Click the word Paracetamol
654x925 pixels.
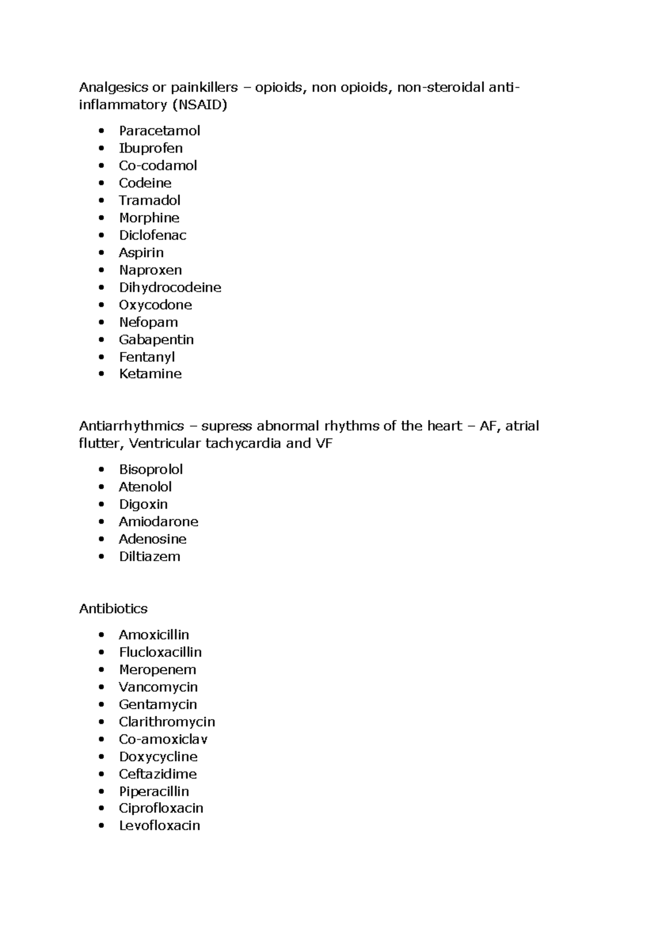(x=159, y=131)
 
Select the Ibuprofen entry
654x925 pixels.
(x=150, y=148)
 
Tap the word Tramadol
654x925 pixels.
(x=149, y=200)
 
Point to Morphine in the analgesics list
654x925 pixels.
(x=149, y=218)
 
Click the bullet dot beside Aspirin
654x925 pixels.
(x=101, y=253)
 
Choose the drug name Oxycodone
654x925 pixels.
(x=155, y=305)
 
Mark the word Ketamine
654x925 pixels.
(x=150, y=374)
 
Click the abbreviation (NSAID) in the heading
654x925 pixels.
(x=199, y=105)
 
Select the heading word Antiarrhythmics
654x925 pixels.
(x=131, y=426)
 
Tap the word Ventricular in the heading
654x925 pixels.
(x=165, y=443)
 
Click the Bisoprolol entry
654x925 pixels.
(x=150, y=470)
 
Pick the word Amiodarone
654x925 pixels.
(x=158, y=522)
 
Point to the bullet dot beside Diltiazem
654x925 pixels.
(x=101, y=557)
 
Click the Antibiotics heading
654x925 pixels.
(x=113, y=608)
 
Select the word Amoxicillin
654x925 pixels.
(x=154, y=635)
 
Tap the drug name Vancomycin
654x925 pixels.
(x=158, y=687)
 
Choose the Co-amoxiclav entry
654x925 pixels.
(x=163, y=739)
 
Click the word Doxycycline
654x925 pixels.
(x=158, y=757)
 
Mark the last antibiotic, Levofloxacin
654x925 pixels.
(x=159, y=826)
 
